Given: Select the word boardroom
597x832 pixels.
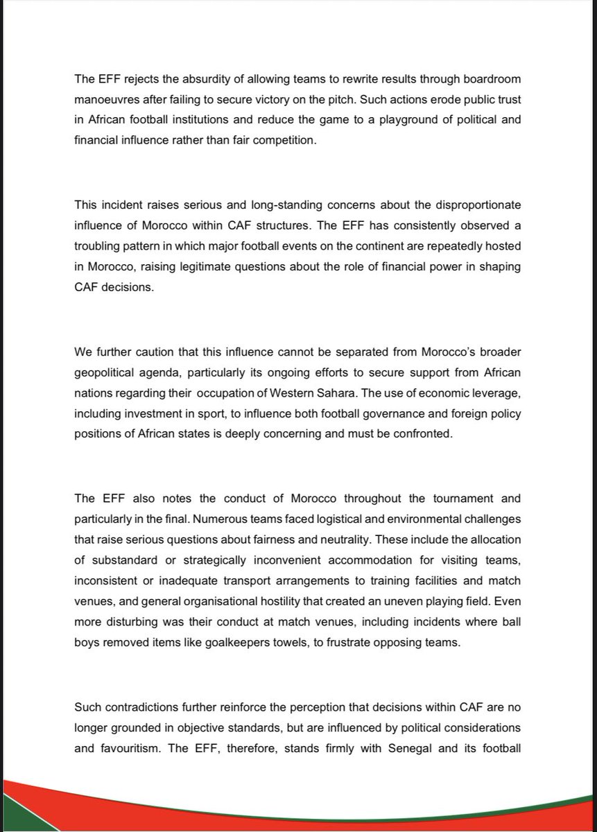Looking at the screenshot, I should pos(492,80).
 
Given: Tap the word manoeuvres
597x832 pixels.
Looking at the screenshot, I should pos(107,100).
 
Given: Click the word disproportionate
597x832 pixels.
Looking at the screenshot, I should pos(477,206).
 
